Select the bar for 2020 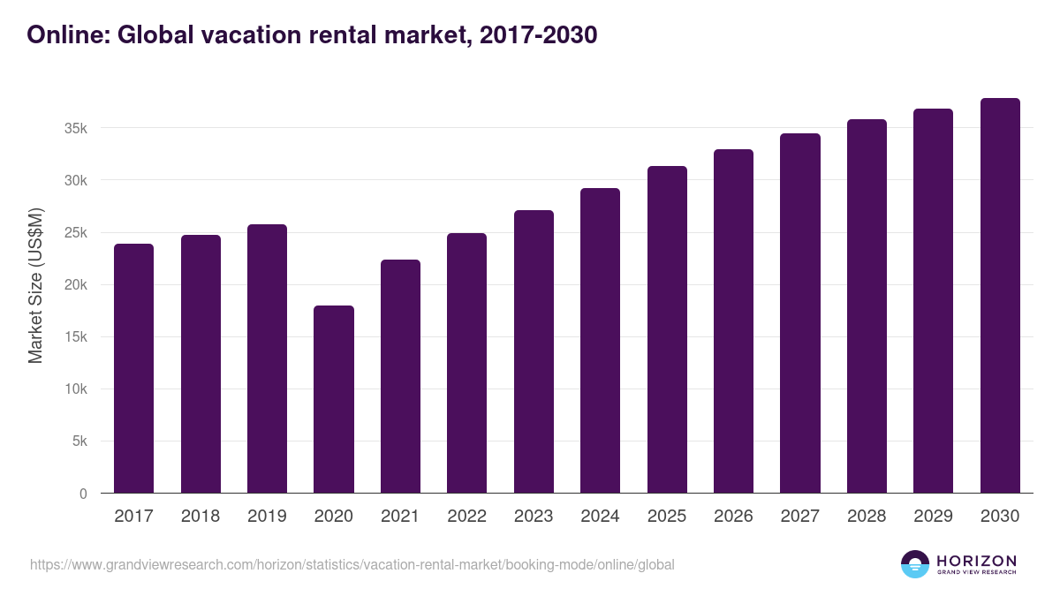[x=334, y=399]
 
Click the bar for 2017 [x=133, y=368]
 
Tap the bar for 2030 [x=1000, y=296]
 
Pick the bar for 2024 [x=600, y=341]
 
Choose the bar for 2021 [x=400, y=376]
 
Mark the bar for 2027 [x=800, y=313]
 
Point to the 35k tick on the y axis [x=77, y=128]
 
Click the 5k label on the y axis [x=80, y=441]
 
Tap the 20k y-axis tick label [x=77, y=285]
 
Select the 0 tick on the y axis [x=84, y=494]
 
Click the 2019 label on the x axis [x=267, y=517]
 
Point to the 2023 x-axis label [x=534, y=517]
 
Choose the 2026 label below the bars [x=733, y=517]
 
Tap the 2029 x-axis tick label [x=933, y=517]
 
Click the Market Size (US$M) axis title [x=35, y=284]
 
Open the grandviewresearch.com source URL [x=352, y=564]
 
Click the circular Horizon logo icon [x=914, y=564]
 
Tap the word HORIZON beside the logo [x=976, y=560]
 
